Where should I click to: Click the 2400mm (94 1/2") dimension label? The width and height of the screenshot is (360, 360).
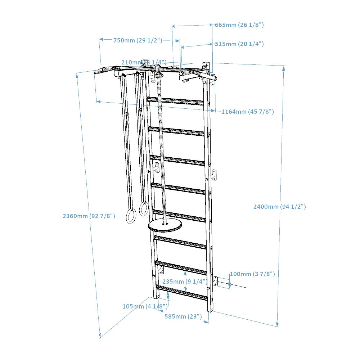pyautogui.click(x=279, y=207)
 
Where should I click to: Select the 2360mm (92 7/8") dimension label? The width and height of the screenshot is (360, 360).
pyautogui.click(x=89, y=216)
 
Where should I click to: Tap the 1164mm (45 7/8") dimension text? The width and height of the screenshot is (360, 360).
pyautogui.click(x=247, y=112)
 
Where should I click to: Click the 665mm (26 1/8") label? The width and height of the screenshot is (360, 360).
pyautogui.click(x=239, y=25)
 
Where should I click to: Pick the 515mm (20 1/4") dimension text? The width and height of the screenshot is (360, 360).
pyautogui.click(x=239, y=44)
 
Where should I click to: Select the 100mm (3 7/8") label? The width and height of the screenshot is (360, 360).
pyautogui.click(x=252, y=274)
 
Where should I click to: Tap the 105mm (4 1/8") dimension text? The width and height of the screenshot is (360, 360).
pyautogui.click(x=145, y=306)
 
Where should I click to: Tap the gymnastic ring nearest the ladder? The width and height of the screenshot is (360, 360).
pyautogui.click(x=144, y=209)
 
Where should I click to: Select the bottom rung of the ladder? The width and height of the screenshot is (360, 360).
pyautogui.click(x=182, y=292)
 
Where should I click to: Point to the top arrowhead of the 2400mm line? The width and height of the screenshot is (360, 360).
pyautogui.click(x=284, y=68)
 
